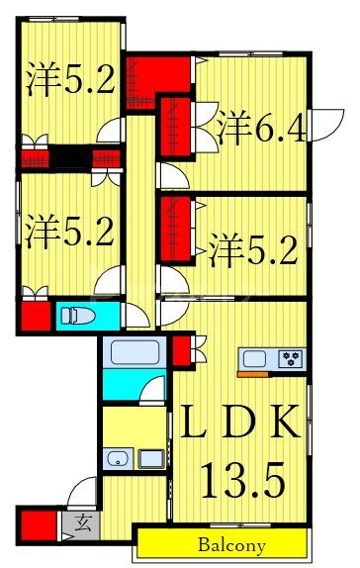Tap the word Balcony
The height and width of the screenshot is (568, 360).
pos(229,545)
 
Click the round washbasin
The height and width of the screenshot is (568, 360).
pos(117,458)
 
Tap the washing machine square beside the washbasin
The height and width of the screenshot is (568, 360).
pos(151,458)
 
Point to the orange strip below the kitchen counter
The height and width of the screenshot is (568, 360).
pos(253,374)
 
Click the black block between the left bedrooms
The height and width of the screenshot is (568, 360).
pos(72,156)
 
